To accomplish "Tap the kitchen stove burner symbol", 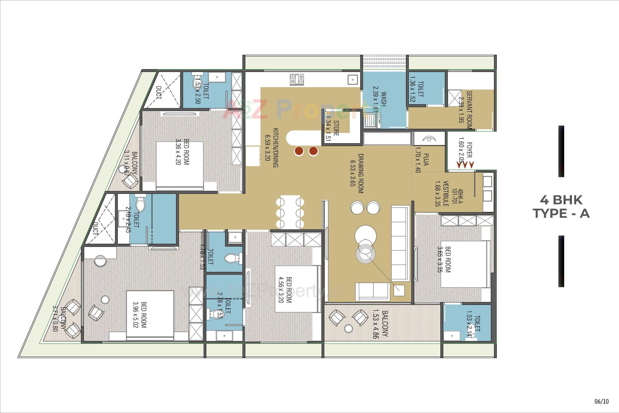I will coord(297,79).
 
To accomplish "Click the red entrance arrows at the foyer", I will coord(465,165).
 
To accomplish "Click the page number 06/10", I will coord(602,401).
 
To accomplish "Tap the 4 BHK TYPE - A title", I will coord(561,207).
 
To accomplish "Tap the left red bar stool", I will coord(299,151).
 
